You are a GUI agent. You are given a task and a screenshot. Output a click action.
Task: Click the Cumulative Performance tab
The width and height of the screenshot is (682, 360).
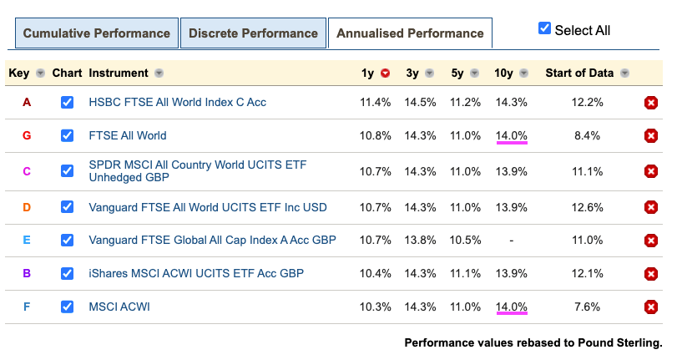pyautogui.click(x=96, y=33)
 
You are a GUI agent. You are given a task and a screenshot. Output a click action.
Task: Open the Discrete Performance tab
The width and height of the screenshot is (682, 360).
pyautogui.click(x=253, y=33)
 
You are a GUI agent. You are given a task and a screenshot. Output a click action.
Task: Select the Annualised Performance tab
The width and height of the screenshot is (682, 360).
pyautogui.click(x=410, y=33)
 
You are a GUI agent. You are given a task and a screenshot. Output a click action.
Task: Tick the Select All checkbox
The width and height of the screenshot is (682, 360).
pyautogui.click(x=545, y=29)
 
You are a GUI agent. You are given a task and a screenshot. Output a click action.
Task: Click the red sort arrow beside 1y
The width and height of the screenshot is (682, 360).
pyautogui.click(x=385, y=74)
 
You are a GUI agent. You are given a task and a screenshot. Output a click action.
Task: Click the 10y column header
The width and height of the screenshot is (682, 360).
pyautogui.click(x=503, y=73)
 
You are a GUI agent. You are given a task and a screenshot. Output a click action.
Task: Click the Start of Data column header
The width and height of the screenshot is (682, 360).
pyautogui.click(x=579, y=73)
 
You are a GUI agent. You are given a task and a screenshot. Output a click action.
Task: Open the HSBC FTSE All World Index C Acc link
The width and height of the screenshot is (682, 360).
pyautogui.click(x=177, y=103)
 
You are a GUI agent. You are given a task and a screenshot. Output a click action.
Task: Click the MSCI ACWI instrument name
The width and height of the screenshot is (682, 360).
pyautogui.click(x=119, y=307)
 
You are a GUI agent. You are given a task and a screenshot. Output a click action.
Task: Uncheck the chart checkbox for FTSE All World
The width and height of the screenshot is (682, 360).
pyautogui.click(x=67, y=135)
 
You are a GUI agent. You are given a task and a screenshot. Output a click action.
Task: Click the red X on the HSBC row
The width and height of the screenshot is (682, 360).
pyautogui.click(x=651, y=103)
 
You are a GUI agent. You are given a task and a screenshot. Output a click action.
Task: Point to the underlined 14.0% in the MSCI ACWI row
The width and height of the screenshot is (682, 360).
pyautogui.click(x=511, y=307)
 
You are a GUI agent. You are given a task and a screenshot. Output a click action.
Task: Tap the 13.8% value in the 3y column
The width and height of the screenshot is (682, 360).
pyautogui.click(x=421, y=240)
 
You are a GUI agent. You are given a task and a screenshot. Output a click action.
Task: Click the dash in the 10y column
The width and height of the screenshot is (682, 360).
pyautogui.click(x=511, y=240)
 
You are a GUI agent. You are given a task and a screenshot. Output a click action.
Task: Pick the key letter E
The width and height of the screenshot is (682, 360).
pyautogui.click(x=27, y=240)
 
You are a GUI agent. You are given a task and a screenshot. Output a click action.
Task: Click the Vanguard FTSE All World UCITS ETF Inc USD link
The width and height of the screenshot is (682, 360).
pyautogui.click(x=208, y=206)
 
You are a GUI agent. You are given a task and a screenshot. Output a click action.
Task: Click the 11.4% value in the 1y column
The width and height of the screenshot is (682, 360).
pyautogui.click(x=375, y=103)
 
